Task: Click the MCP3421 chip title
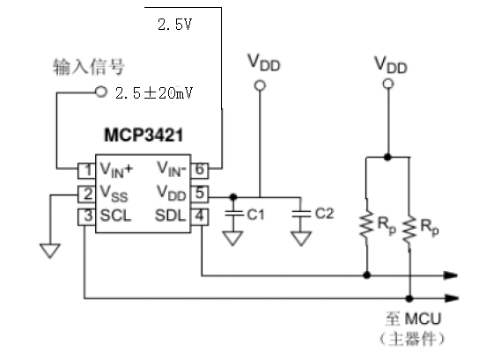click(x=144, y=135)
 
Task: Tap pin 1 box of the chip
click(x=87, y=171)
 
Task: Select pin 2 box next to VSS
click(x=87, y=194)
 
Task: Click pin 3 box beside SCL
click(x=87, y=217)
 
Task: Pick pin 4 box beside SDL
click(x=200, y=217)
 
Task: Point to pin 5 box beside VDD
click(x=200, y=194)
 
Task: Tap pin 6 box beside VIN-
click(x=200, y=171)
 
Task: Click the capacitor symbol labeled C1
click(x=233, y=213)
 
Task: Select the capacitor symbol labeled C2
click(x=301, y=213)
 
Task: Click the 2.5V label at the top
click(x=174, y=25)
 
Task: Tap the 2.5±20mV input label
click(x=154, y=92)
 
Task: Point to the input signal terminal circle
click(x=101, y=92)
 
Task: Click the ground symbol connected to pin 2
click(x=50, y=250)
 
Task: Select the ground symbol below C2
click(x=301, y=239)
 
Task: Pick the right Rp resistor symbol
click(x=409, y=229)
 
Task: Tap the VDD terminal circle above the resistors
click(x=388, y=84)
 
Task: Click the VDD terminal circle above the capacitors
click(x=260, y=85)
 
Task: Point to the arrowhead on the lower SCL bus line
click(x=452, y=298)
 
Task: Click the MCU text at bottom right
click(x=424, y=319)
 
